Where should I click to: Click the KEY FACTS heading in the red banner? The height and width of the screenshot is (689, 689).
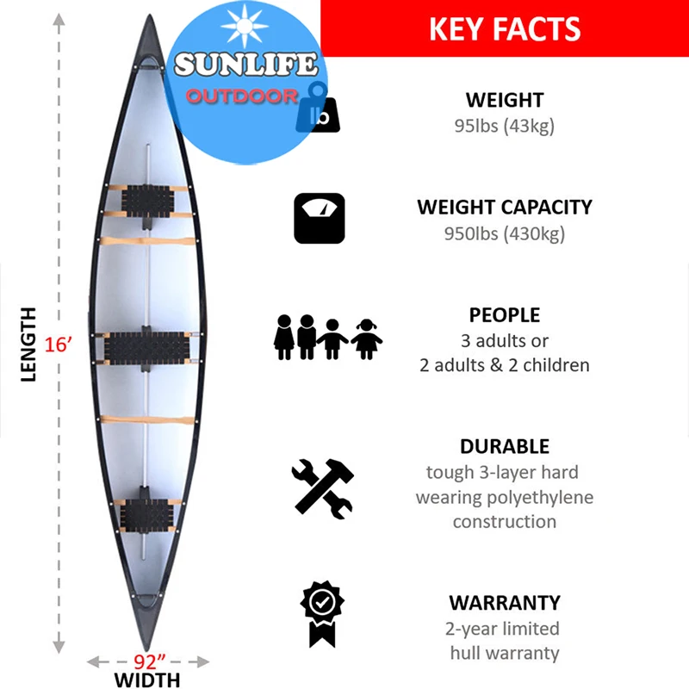pos(505,28)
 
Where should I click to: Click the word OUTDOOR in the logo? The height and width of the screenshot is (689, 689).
pos(242,96)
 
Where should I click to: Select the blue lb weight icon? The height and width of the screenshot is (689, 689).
pos(318,109)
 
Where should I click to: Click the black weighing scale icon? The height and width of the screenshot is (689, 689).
pos(319,218)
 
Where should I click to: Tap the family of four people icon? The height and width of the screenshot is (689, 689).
pos(328,337)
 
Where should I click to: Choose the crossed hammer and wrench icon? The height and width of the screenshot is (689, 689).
pos(322,487)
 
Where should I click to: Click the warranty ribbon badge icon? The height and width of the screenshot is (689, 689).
pos(321,612)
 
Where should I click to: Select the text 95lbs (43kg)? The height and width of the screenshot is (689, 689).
pos(505,126)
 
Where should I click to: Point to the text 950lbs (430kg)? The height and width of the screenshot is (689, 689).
pos(505,233)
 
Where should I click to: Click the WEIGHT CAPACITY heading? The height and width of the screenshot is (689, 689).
pos(505,208)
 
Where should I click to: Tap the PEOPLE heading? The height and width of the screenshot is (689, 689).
pos(505,315)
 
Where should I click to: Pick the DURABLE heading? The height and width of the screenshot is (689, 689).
pos(505,446)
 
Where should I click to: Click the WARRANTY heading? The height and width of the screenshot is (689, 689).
pos(505,603)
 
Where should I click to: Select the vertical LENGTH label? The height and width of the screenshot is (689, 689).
pos(28,344)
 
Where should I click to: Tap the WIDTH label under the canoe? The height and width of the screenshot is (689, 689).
pos(148,680)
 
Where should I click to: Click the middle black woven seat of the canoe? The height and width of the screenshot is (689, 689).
pos(146,347)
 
